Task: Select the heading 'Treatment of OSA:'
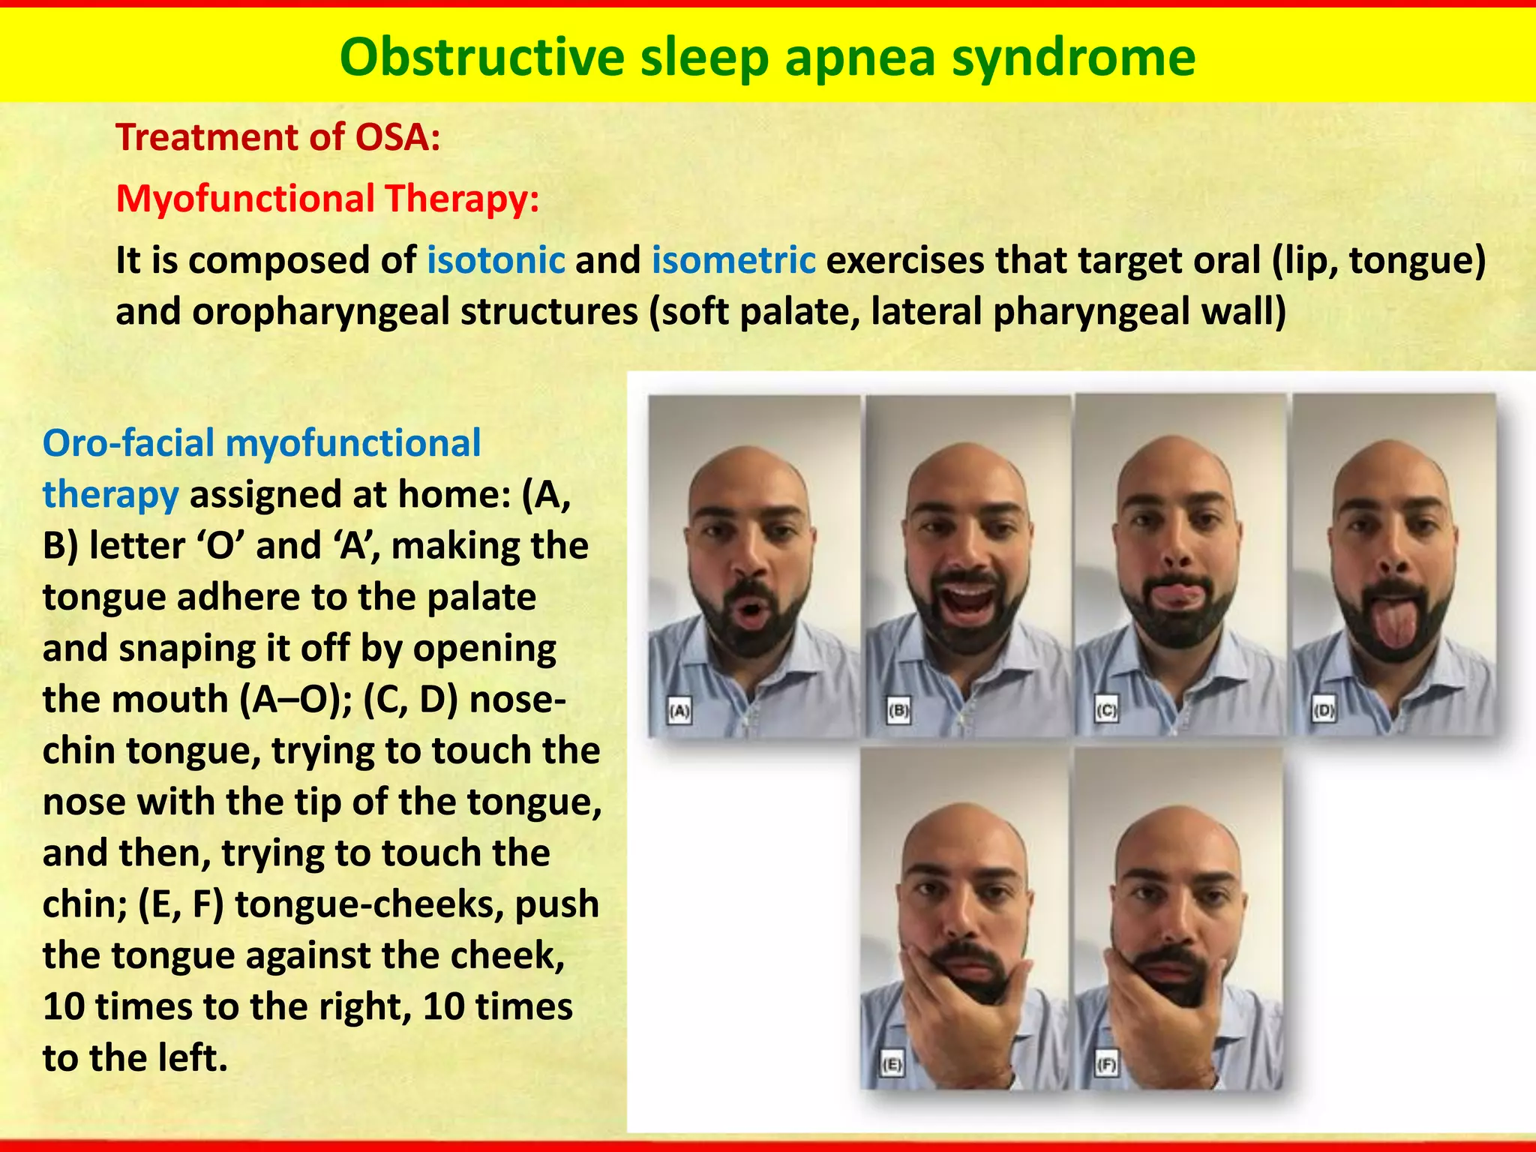tap(278, 138)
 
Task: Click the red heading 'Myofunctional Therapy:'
tap(328, 199)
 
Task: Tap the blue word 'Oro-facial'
tap(128, 443)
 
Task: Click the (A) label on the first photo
tap(679, 710)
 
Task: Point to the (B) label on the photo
tap(898, 710)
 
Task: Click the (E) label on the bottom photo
tap(892, 1063)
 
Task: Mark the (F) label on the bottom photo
tap(1106, 1063)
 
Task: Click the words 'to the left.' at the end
tap(135, 1058)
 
